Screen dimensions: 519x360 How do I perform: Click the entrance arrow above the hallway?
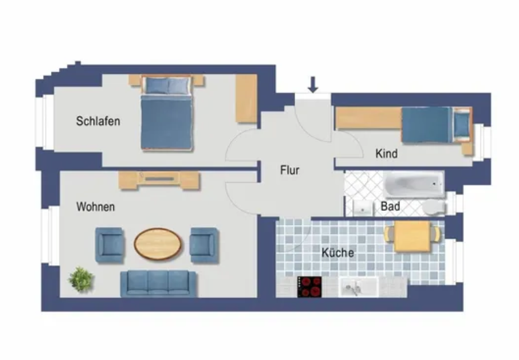(x=313, y=84)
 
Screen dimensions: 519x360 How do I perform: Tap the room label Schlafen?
(x=98, y=121)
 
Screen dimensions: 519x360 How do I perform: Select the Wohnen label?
(x=95, y=207)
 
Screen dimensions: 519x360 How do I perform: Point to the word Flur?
(x=290, y=170)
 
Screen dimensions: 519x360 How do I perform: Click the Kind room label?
(x=386, y=154)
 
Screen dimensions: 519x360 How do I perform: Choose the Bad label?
(x=391, y=206)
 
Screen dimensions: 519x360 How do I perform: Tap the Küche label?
(x=338, y=252)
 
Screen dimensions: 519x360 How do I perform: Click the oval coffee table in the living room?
(x=158, y=244)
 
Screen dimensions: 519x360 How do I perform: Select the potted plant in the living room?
(x=81, y=280)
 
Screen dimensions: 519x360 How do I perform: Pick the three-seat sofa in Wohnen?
(x=158, y=284)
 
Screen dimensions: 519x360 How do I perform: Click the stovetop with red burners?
(x=310, y=287)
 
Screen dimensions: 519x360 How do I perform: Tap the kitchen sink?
(x=359, y=287)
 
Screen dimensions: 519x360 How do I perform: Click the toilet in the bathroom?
(x=433, y=207)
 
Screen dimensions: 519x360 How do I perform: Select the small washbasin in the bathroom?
(x=363, y=209)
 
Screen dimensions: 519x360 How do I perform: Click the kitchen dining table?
(x=412, y=236)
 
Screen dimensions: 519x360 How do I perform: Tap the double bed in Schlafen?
(x=167, y=113)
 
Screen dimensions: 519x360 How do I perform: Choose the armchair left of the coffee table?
(x=109, y=245)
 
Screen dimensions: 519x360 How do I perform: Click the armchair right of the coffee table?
(x=204, y=245)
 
